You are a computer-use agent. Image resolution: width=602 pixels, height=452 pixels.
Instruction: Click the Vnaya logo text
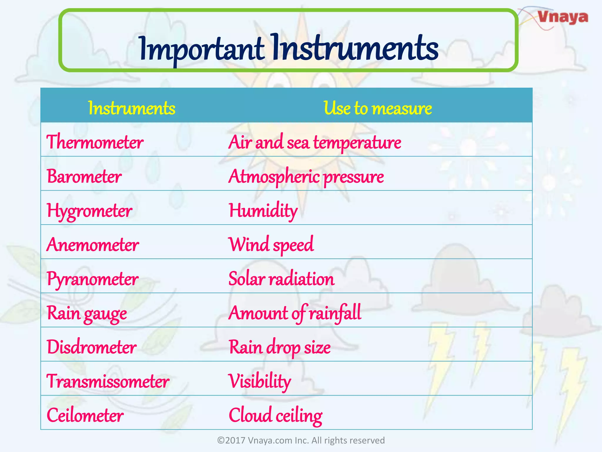pos(563,17)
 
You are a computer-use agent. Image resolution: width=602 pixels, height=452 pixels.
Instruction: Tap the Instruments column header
pos(132,108)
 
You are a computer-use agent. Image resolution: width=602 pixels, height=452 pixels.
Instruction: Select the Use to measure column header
pos(378,108)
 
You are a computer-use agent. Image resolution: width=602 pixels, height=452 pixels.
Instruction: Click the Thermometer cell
pos(95,142)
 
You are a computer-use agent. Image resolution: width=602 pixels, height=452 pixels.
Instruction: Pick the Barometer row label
pos(84,177)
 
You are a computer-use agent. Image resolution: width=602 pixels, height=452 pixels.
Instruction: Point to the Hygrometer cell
pos(89,211)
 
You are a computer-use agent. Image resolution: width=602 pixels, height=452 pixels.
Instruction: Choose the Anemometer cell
pos(93,245)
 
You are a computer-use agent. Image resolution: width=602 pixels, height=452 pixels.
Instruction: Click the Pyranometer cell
pos(92,279)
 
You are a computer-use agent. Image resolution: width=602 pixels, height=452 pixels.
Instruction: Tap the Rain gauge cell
pos(87,313)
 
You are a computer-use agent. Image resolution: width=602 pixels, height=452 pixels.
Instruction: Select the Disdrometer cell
pos(91,347)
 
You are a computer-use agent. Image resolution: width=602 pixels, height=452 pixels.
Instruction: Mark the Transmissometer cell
pos(108,381)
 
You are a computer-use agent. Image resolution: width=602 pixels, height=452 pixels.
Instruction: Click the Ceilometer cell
pos(85,416)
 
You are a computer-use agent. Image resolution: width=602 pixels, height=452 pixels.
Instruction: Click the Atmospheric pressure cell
pos(306,177)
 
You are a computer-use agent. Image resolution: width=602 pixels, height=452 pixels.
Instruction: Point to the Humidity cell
pos(263,211)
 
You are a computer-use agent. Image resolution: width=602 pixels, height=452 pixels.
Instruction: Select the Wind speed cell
pos(271,245)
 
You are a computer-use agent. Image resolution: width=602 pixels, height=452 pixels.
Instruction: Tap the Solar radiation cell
pos(281,279)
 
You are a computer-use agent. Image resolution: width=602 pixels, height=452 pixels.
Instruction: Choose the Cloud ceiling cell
pos(275,416)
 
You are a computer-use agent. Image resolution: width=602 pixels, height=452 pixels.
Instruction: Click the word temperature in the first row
pos(357,143)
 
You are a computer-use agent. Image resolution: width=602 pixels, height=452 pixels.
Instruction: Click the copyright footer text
pos(301,440)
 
